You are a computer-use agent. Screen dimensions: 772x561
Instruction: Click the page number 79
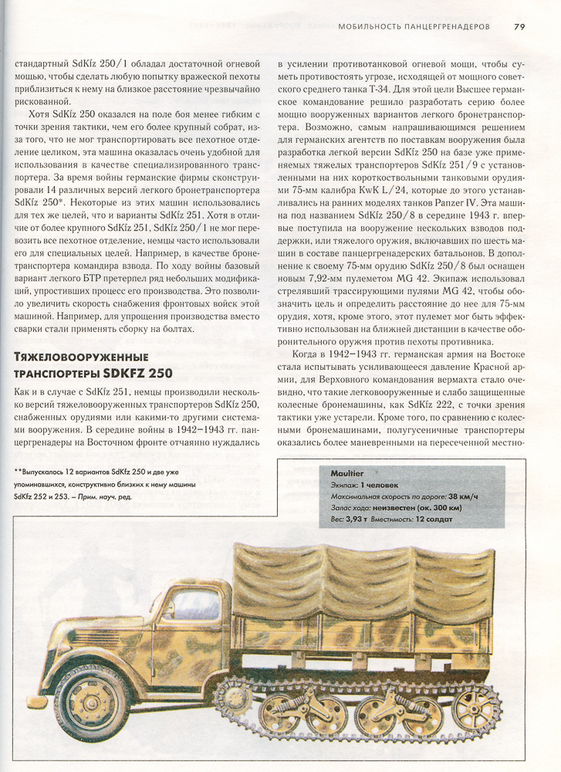coord(520,25)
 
